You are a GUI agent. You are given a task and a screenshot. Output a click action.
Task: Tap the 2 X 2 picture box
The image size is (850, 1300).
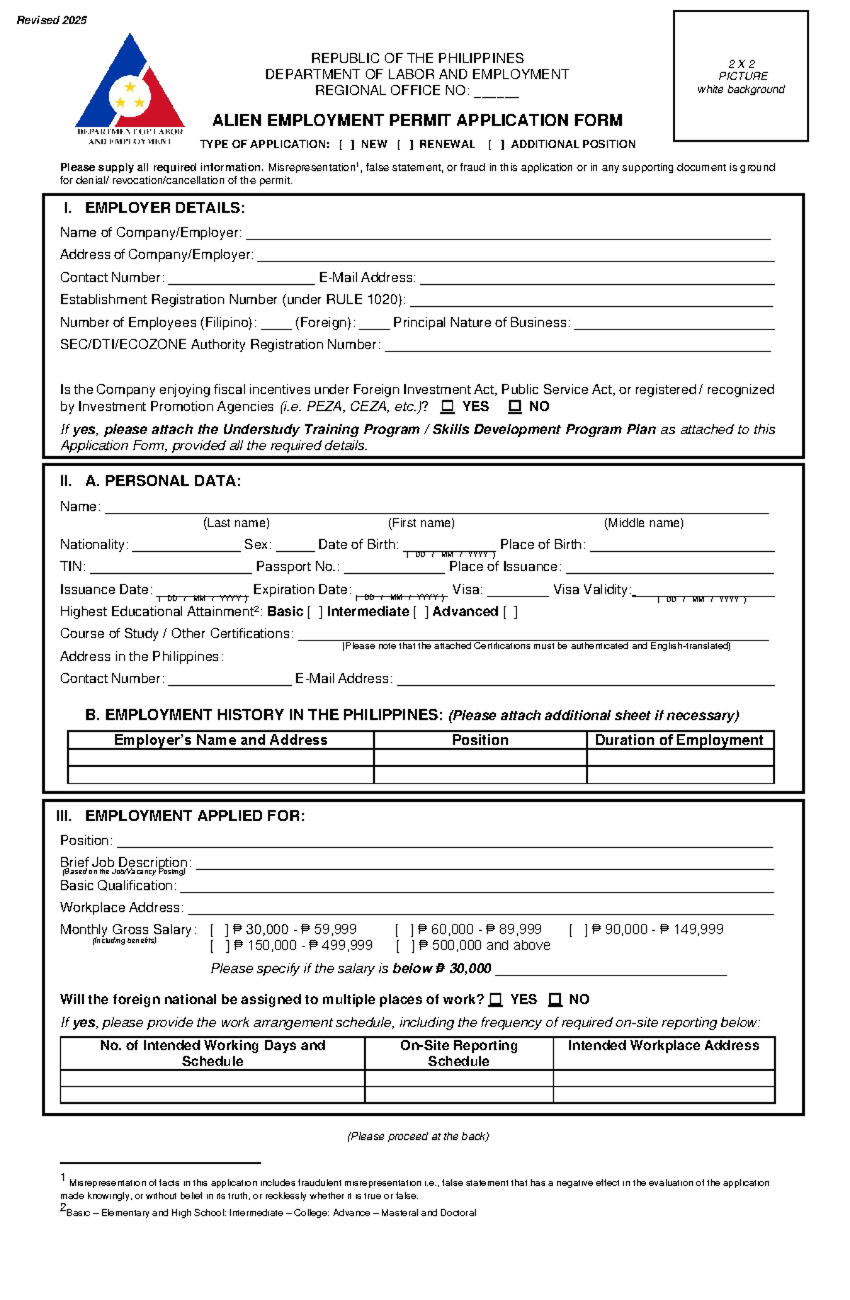click(740, 76)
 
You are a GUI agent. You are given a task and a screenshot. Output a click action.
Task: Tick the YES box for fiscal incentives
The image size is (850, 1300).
click(448, 407)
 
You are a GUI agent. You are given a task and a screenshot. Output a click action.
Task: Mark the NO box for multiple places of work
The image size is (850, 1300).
click(555, 1000)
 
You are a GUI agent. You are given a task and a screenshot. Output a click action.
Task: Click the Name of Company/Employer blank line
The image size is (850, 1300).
click(507, 234)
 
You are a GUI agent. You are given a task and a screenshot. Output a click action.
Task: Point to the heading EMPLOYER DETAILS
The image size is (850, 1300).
click(164, 208)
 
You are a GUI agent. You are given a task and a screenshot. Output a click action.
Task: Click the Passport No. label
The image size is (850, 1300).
click(297, 567)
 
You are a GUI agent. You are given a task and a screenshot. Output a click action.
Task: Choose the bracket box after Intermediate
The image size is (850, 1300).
click(421, 612)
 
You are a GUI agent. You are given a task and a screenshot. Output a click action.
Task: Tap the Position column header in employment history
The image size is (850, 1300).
click(480, 740)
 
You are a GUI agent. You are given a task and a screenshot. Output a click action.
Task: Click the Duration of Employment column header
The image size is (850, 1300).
click(679, 740)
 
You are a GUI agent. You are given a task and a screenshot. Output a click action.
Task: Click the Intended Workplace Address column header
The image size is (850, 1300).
click(663, 1046)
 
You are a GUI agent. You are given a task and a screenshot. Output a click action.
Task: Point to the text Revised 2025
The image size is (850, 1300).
click(52, 21)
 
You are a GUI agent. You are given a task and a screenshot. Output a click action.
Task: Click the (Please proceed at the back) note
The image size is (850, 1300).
click(418, 1136)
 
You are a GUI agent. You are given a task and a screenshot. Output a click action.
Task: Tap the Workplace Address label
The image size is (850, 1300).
click(121, 908)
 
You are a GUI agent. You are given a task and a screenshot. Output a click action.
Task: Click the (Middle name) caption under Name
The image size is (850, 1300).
click(643, 523)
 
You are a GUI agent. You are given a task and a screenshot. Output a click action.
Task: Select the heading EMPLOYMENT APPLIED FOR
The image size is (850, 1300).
click(195, 816)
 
